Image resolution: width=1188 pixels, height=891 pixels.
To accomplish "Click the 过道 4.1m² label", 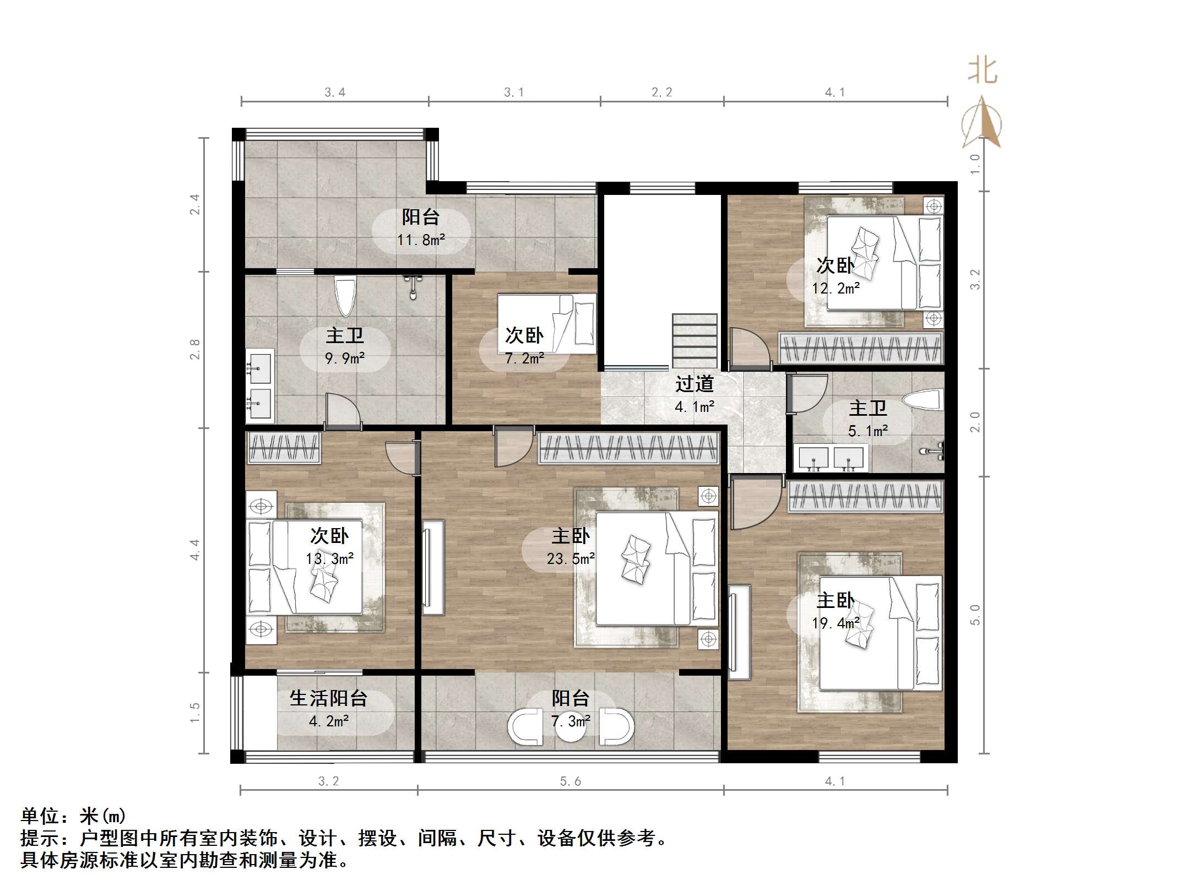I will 695,395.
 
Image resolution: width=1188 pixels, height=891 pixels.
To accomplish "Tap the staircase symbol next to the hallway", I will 695,340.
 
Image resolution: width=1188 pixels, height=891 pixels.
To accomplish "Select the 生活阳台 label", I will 329,698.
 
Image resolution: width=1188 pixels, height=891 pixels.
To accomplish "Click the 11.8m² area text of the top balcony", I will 421,240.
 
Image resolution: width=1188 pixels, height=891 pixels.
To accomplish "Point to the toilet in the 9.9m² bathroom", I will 345,296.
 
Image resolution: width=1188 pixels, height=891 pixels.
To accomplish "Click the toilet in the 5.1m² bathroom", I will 925,400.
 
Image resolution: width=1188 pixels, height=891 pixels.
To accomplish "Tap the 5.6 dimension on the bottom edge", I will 571,781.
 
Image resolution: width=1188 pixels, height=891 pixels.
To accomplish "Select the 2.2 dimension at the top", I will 661,93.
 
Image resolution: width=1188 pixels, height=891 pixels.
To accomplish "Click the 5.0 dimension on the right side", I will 975,615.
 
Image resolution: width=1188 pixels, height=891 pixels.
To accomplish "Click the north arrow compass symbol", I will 981,123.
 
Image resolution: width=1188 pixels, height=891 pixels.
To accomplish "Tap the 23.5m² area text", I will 571,559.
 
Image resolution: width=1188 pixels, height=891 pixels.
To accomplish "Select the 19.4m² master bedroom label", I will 836,611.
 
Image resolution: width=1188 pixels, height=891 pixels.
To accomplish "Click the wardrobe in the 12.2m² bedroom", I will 860,348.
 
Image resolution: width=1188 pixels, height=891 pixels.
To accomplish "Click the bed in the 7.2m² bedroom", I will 547,323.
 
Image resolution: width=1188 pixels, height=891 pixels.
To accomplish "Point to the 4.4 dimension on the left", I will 194,550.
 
